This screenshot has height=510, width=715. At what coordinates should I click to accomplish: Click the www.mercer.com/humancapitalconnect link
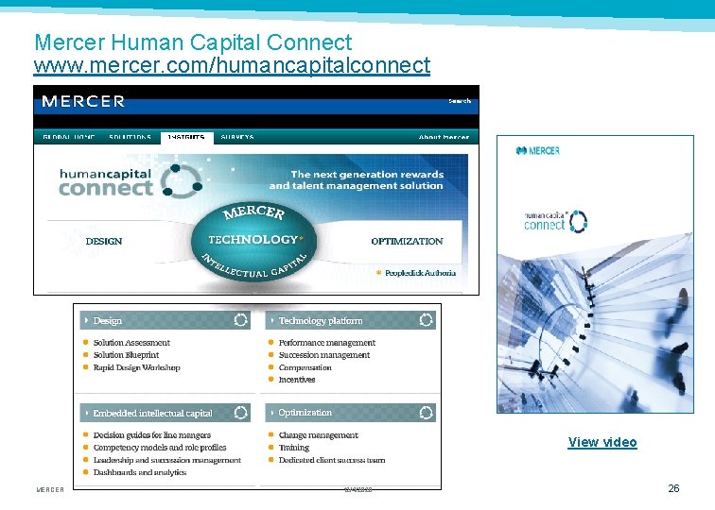(232, 66)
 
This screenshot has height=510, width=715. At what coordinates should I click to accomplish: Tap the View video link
(602, 442)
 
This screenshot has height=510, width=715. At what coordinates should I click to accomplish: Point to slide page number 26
(673, 488)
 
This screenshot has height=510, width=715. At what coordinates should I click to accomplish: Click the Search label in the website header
(460, 100)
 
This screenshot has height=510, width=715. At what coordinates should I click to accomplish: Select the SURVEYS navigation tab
(236, 137)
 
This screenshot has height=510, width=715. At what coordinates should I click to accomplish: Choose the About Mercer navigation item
(444, 137)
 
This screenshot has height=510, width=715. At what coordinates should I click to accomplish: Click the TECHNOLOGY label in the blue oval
(252, 240)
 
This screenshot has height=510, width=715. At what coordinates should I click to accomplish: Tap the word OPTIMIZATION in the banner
(407, 241)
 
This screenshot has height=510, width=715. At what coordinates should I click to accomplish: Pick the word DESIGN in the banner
(104, 241)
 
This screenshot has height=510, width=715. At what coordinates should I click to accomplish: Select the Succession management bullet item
(324, 355)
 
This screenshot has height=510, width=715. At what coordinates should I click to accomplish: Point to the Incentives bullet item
(297, 380)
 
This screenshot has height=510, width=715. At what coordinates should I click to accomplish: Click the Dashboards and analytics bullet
(140, 472)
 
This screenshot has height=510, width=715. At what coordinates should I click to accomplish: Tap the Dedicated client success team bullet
(332, 460)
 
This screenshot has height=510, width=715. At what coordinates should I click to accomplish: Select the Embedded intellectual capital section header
(152, 413)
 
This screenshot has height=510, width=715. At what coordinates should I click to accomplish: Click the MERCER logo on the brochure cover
(538, 150)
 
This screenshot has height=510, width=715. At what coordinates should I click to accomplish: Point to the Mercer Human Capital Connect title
(193, 42)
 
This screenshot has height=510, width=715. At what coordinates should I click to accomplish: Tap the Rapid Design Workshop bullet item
(136, 367)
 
